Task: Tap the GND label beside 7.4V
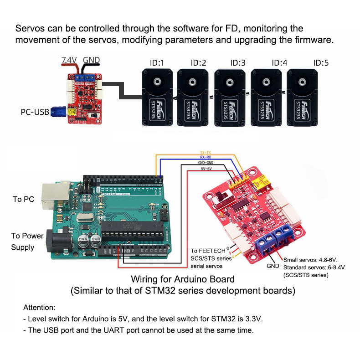91,60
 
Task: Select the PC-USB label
36,111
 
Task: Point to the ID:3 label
237,63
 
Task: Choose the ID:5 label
321,63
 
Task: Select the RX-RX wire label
205,157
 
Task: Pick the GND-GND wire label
205,163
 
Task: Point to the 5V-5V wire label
205,169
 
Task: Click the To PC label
24,199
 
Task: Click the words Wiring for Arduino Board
183,279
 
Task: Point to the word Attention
39,308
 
